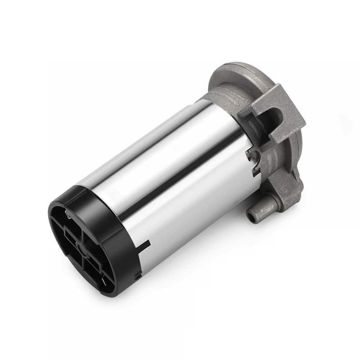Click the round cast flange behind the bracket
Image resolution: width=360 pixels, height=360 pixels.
[x=234, y=76]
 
